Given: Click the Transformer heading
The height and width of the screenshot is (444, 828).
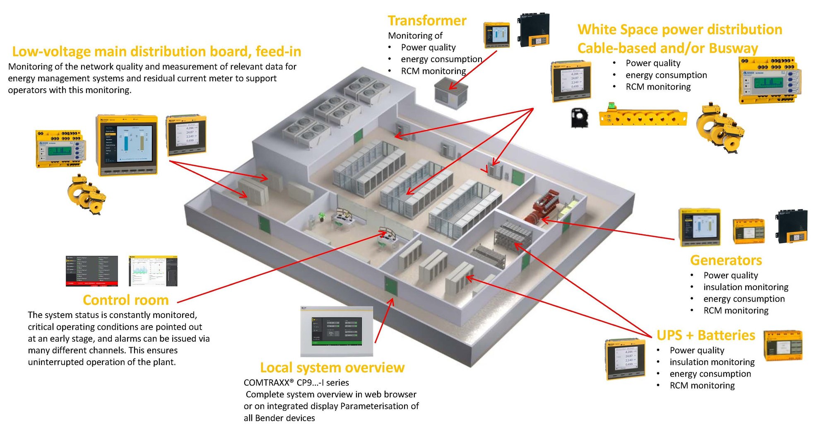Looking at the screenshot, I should pyautogui.click(x=427, y=21).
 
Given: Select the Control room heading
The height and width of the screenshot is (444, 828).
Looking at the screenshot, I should pyautogui.click(x=125, y=300).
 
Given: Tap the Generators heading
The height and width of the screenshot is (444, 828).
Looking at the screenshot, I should pyautogui.click(x=726, y=260).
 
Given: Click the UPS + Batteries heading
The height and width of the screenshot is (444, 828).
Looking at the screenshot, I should pyautogui.click(x=705, y=335).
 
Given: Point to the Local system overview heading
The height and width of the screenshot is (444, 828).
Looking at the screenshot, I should pyautogui.click(x=332, y=367).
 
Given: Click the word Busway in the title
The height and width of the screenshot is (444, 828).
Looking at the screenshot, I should pyautogui.click(x=733, y=48).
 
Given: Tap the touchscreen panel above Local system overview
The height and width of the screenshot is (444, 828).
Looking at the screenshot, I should pyautogui.click(x=337, y=331).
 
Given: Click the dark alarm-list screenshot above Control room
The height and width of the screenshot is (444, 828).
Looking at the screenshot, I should pyautogui.click(x=91, y=271).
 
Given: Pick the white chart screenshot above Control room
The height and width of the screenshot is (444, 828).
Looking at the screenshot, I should pyautogui.click(x=153, y=271).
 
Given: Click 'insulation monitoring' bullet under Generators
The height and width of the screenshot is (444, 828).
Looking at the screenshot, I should pyautogui.click(x=746, y=287).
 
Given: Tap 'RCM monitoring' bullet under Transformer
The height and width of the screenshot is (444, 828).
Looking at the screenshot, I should pyautogui.click(x=433, y=71).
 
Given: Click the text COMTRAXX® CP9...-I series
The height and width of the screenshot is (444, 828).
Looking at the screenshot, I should pyautogui.click(x=296, y=383).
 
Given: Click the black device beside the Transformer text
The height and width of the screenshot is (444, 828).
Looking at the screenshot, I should pyautogui.click(x=534, y=30).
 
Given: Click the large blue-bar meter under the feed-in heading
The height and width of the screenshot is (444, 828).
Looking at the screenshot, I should pyautogui.click(x=127, y=145).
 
